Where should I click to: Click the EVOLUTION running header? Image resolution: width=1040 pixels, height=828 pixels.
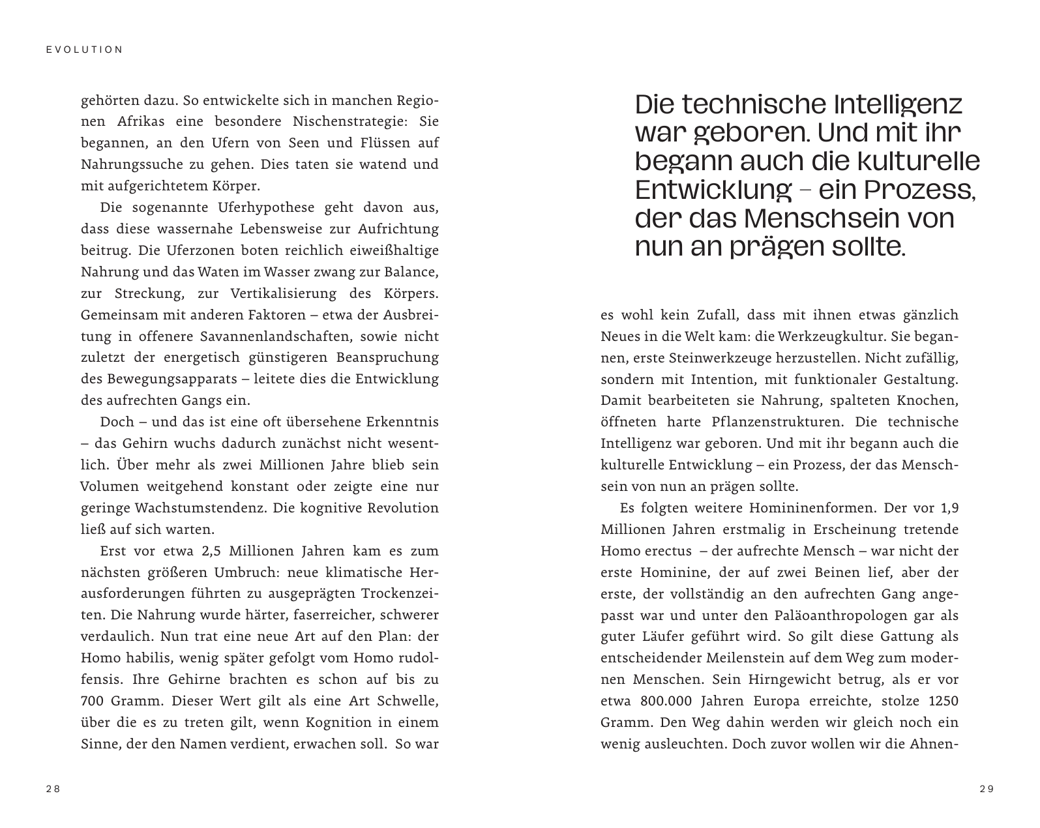pyautogui.click(x=85, y=50)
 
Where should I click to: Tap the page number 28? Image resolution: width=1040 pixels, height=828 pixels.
pyautogui.click(x=53, y=789)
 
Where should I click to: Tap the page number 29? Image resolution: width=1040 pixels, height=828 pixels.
pyautogui.click(x=987, y=789)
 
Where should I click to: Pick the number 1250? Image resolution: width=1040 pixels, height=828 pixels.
pyautogui.click(x=943, y=702)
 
